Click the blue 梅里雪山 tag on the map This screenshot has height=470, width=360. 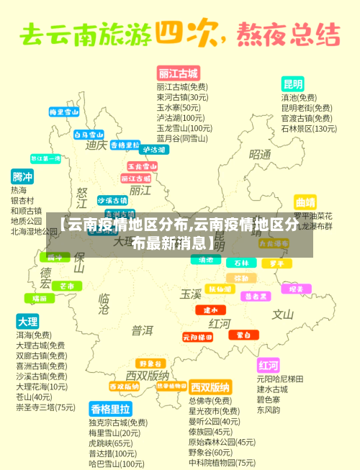64,112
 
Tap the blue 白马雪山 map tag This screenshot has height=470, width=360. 89,134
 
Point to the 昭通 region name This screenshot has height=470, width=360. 260,154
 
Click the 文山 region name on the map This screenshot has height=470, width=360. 282,314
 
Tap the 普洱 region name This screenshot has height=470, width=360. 143,330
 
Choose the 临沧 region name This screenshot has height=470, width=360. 104,303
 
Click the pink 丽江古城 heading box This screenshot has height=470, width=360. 178,73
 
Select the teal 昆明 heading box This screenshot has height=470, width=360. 292,83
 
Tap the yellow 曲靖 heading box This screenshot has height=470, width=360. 305,202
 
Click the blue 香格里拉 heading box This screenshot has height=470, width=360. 110,409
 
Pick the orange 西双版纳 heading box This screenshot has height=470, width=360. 210,387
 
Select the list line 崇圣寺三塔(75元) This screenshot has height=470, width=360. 45,407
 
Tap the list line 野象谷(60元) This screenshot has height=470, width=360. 210,453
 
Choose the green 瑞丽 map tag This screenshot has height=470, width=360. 38,298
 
